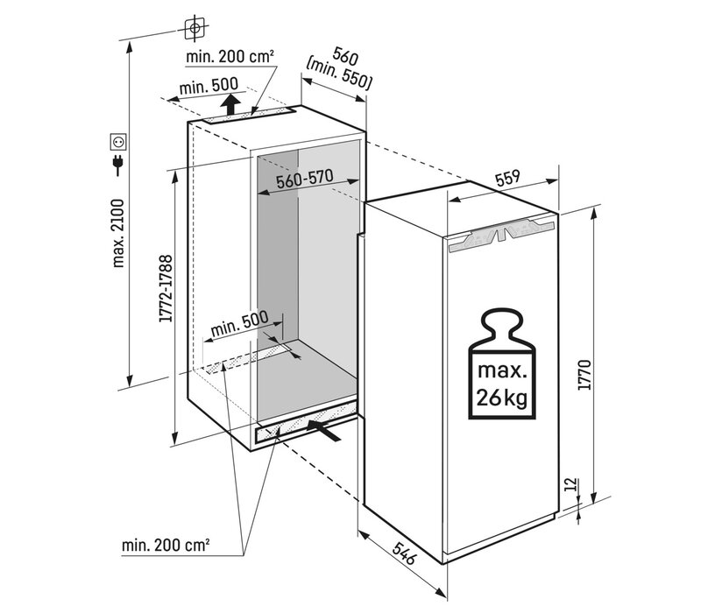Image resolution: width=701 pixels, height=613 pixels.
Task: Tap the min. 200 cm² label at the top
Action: pyautogui.click(x=230, y=57)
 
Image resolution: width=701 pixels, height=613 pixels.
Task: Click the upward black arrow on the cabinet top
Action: pyautogui.click(x=230, y=106)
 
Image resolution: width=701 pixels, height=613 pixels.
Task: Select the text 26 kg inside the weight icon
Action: pyautogui.click(x=502, y=399)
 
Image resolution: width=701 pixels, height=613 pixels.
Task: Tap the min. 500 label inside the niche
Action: pyautogui.click(x=238, y=324)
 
